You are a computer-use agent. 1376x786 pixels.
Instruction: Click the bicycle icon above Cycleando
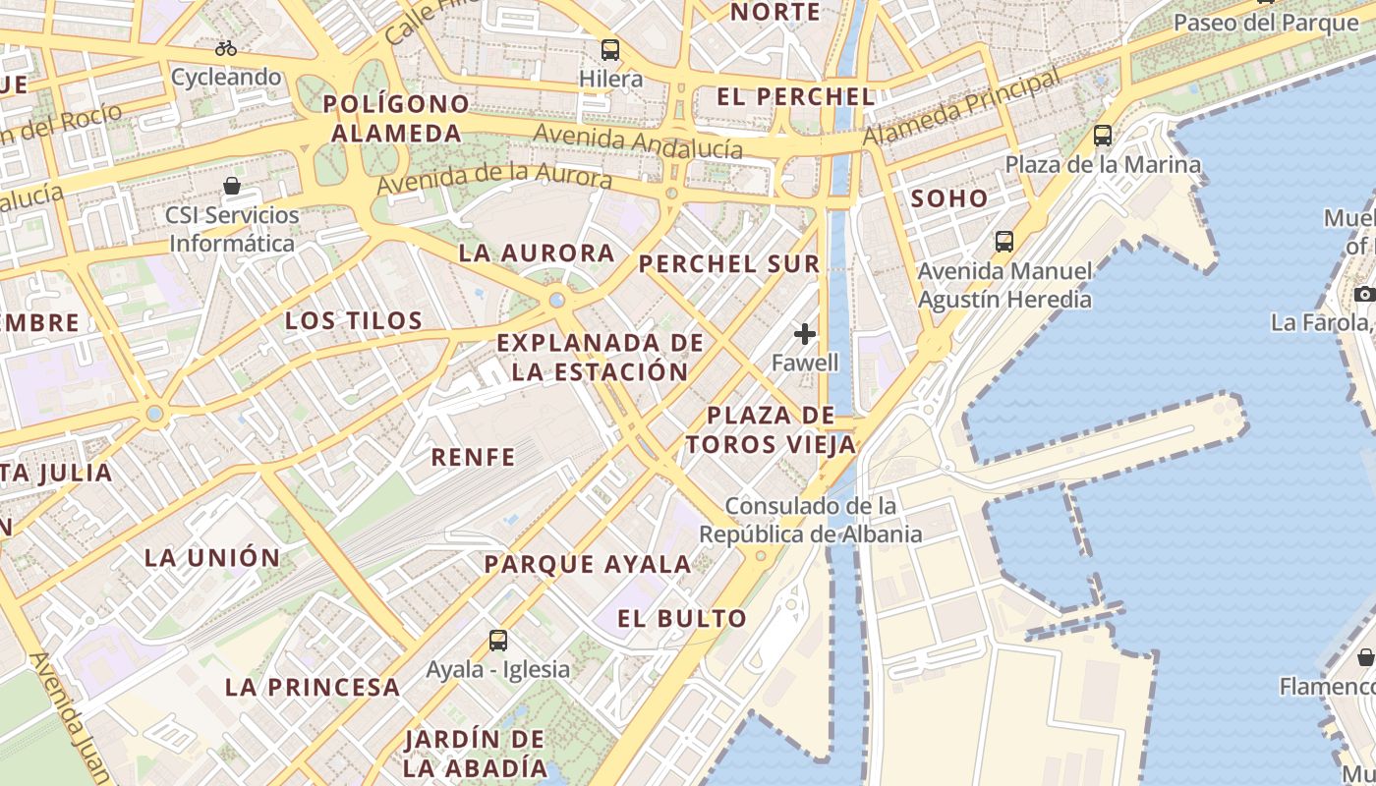(x=226, y=47)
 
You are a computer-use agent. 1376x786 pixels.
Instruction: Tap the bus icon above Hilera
(x=610, y=49)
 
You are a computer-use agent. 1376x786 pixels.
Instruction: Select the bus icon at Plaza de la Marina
(x=1103, y=136)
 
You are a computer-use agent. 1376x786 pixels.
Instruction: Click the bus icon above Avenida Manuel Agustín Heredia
(x=1004, y=241)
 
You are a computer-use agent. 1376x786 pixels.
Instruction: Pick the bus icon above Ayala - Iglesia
(x=498, y=641)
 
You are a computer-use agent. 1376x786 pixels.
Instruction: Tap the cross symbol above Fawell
(x=805, y=334)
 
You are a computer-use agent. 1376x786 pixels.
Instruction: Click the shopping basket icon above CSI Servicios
(x=232, y=186)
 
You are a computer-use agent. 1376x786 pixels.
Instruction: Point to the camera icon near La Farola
(x=1364, y=294)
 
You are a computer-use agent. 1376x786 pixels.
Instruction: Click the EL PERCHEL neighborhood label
(x=796, y=96)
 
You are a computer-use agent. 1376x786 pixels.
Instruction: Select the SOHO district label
(x=949, y=197)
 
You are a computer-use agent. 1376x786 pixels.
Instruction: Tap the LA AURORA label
(x=537, y=253)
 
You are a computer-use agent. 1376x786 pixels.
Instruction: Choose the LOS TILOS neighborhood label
(x=354, y=320)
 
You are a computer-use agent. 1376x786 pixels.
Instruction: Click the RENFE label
(x=473, y=456)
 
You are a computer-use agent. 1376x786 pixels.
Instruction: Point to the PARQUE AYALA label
(x=588, y=564)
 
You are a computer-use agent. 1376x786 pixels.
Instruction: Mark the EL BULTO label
(x=683, y=618)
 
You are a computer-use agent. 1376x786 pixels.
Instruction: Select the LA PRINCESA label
(x=313, y=687)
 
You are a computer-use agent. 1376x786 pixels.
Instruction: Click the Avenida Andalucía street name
(x=638, y=142)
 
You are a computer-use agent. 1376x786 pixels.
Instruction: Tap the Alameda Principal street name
(x=962, y=108)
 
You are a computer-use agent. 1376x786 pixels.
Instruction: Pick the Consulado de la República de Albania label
(x=811, y=521)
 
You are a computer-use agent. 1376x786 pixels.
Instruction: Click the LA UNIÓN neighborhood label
(x=212, y=557)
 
